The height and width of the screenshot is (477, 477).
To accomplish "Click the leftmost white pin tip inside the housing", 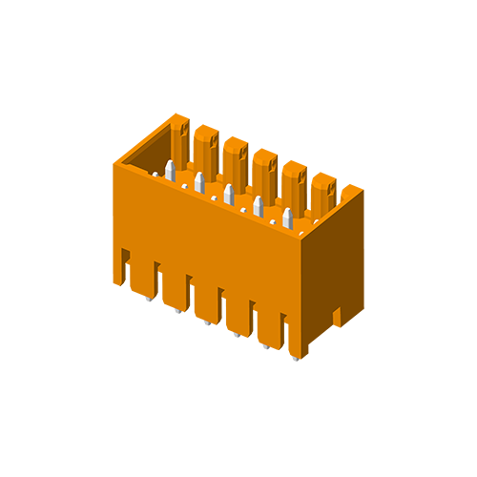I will (170, 170).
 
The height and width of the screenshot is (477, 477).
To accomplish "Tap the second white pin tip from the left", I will (199, 181).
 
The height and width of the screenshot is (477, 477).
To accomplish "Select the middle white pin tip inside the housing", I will (229, 193).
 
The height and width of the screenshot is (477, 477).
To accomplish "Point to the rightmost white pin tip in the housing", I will (287, 218).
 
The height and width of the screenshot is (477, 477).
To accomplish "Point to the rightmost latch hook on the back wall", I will (333, 189).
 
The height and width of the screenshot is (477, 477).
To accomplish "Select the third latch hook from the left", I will (245, 153).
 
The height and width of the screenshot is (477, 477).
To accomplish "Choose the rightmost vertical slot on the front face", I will (283, 329).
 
